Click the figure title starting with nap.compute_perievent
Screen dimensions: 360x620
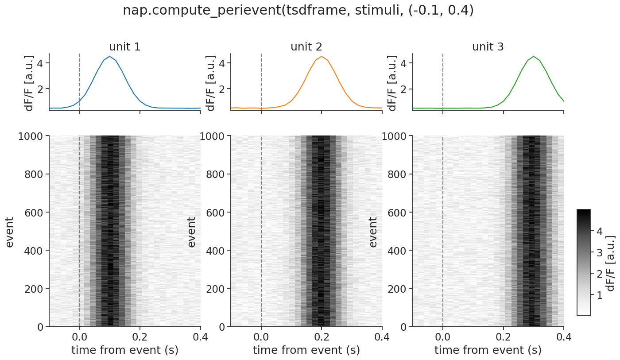pos(298,11)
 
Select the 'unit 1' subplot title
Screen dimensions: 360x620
pos(125,46)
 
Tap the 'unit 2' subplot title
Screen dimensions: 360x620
pos(306,46)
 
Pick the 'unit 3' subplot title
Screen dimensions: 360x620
pos(488,46)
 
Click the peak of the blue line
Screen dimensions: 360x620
pos(109,56)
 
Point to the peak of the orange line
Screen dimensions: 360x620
pos(322,56)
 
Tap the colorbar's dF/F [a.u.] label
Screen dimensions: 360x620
pos(611,263)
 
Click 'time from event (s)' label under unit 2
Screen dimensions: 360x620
pos(306,350)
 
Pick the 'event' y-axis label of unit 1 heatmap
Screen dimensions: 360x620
pos(10,232)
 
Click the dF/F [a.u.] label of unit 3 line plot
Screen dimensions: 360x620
pos(392,83)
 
